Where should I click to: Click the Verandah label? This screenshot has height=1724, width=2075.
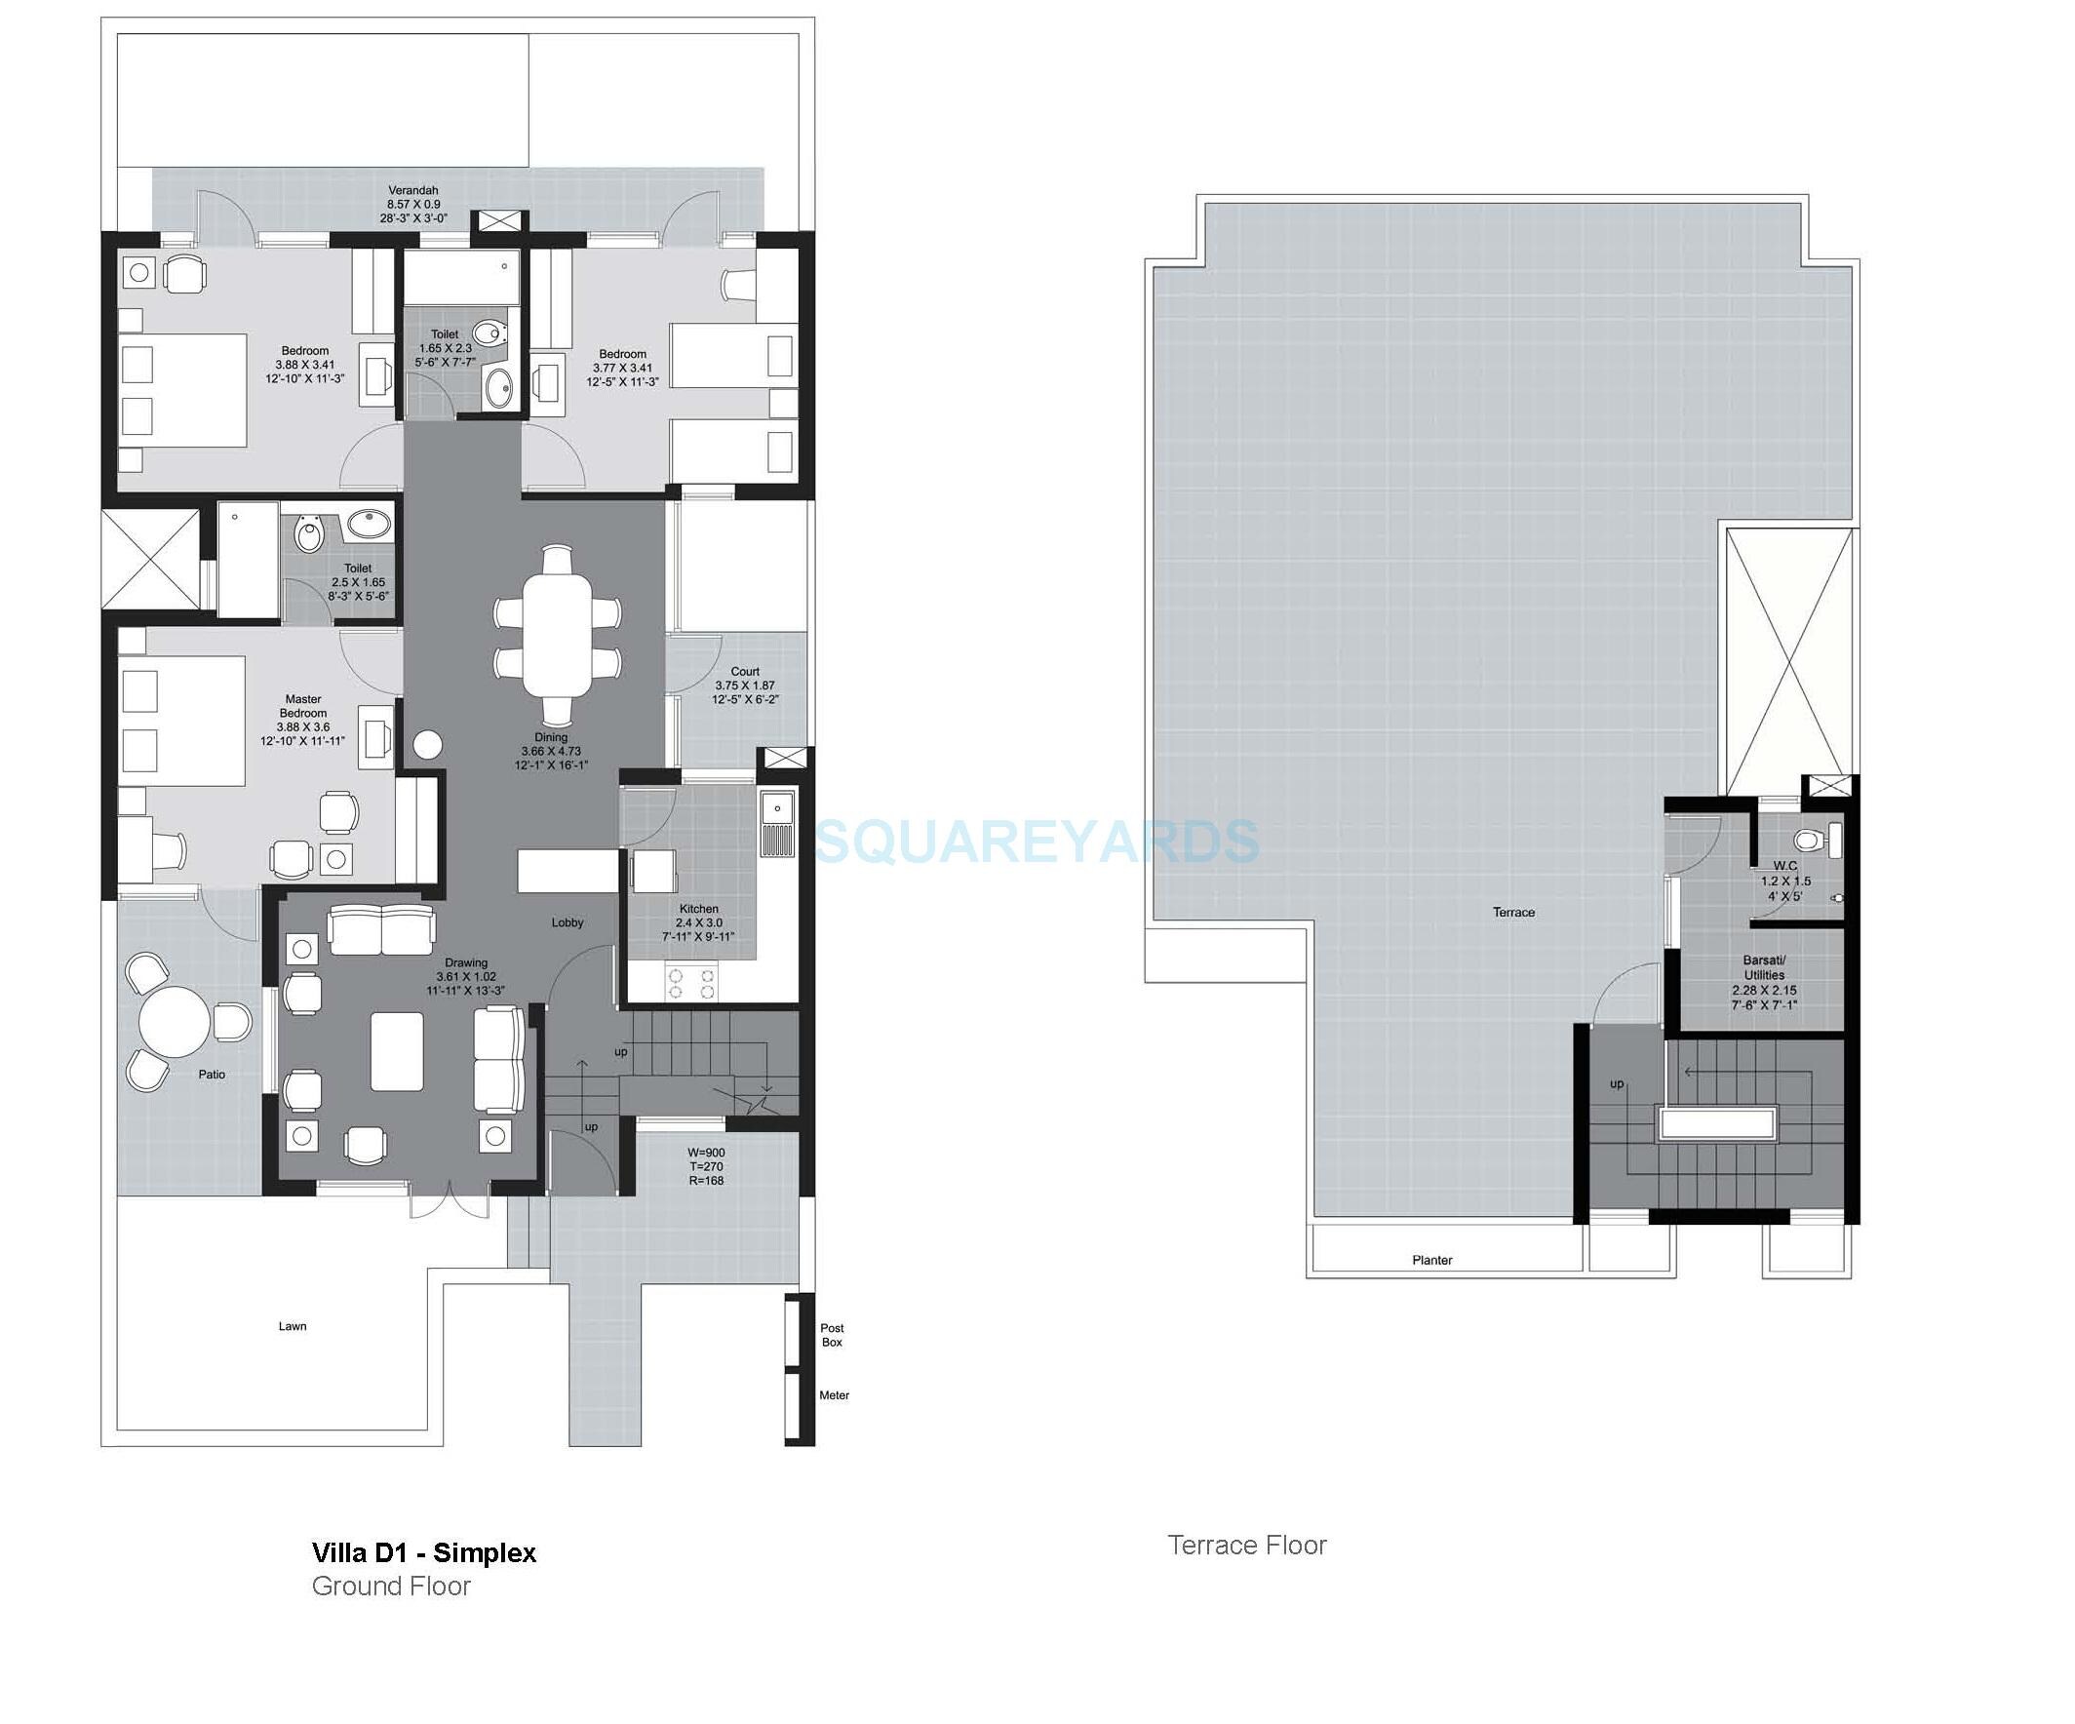click(413, 191)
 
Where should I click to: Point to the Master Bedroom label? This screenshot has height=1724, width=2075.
click(302, 706)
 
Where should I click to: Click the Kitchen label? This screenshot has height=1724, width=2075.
click(698, 909)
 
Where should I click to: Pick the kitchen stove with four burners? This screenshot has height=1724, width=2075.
click(691, 983)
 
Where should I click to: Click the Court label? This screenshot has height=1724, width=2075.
click(745, 672)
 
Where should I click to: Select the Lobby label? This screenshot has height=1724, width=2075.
click(568, 922)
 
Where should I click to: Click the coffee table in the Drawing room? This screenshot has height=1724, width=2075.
click(397, 1051)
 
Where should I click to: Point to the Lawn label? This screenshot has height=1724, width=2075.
click(293, 1326)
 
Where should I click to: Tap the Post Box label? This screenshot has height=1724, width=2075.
click(832, 1335)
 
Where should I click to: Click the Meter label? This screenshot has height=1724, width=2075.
click(834, 1395)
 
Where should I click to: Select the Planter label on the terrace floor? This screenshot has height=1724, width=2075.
click(1431, 1260)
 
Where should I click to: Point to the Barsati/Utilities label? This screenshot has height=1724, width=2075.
click(1764, 967)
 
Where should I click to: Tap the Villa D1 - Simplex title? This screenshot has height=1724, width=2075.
click(424, 1553)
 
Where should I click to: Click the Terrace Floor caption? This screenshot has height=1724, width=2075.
click(1247, 1546)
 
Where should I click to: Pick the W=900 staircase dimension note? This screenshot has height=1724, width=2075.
click(706, 1152)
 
